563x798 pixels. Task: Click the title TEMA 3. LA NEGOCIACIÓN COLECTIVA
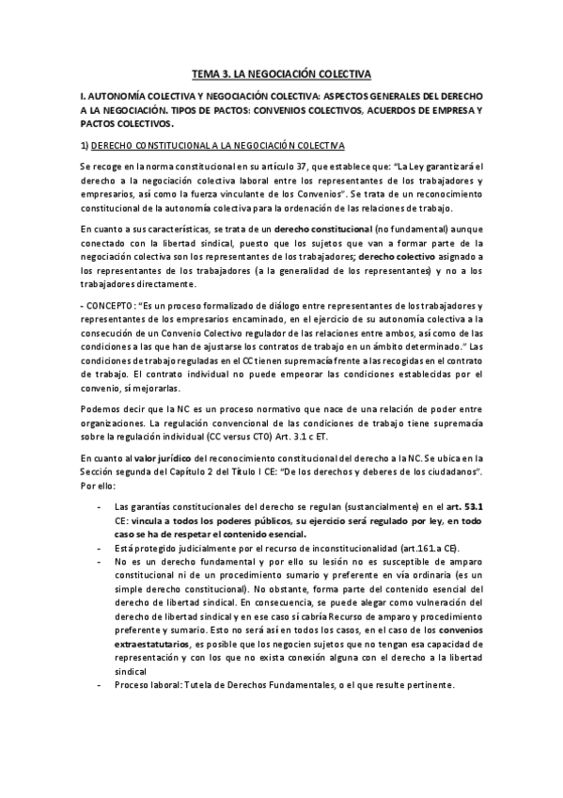click(x=282, y=72)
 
